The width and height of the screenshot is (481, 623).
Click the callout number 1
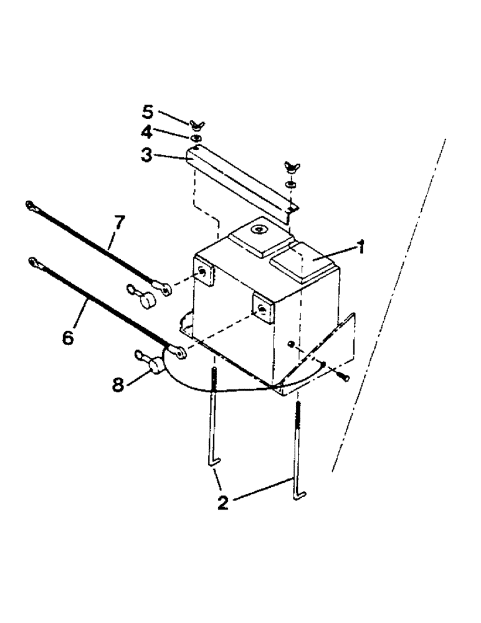click(360, 247)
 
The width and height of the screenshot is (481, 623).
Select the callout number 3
click(146, 155)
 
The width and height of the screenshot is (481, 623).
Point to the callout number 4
click(147, 133)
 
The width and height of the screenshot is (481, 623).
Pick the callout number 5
click(147, 112)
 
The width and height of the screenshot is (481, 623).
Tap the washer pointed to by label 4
click(195, 138)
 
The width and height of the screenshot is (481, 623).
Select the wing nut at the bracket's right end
click(289, 167)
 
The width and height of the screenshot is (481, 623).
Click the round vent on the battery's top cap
click(257, 232)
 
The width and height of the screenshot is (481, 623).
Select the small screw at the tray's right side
click(343, 376)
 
